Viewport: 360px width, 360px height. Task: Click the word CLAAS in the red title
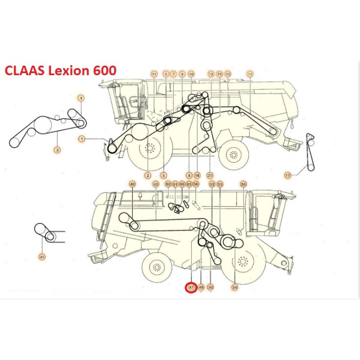click(25, 71)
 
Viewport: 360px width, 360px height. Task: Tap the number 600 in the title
click(103, 71)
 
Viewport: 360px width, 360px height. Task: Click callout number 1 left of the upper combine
click(81, 139)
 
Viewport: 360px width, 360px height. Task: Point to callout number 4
click(81, 98)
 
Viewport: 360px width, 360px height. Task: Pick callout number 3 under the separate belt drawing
click(57, 149)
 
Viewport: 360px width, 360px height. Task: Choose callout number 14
click(250, 74)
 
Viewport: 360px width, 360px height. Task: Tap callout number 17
click(288, 175)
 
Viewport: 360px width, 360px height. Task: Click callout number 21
click(210, 175)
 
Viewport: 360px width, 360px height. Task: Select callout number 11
click(153, 74)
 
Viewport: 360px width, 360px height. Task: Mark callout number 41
click(42, 257)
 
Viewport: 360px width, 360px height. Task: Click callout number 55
click(243, 184)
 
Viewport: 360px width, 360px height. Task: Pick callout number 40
click(132, 184)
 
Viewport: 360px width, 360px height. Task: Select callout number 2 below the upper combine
click(148, 175)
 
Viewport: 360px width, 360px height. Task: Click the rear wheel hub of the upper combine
click(233, 155)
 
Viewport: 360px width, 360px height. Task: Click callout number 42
click(156, 184)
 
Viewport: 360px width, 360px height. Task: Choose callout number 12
click(211, 74)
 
